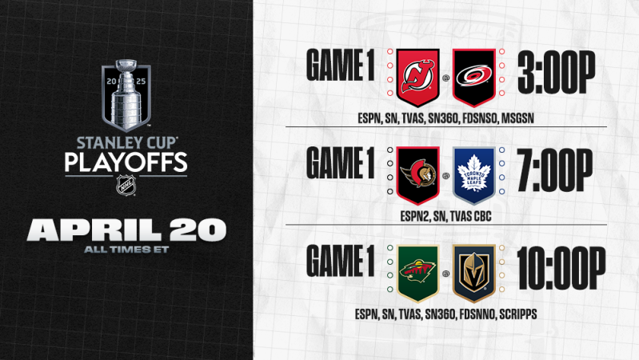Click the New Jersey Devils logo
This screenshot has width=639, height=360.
[419, 78]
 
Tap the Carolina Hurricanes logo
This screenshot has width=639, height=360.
[474, 78]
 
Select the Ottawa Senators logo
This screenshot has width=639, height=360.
[419, 173]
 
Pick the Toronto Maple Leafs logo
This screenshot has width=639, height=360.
[474, 173]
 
